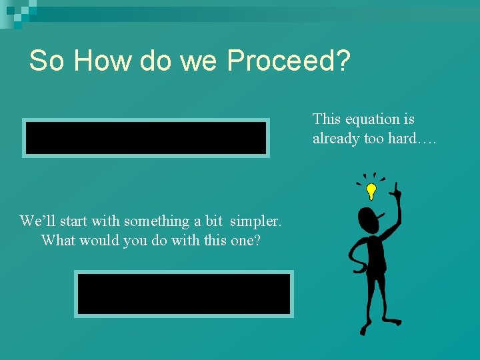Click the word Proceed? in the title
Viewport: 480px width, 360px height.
click(x=288, y=61)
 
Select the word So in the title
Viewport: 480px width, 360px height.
click(x=47, y=61)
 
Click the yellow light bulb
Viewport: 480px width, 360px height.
click(x=371, y=192)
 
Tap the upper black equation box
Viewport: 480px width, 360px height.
click(x=145, y=138)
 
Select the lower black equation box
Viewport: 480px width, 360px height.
click(x=183, y=294)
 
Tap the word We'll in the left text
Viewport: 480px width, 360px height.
click(x=37, y=221)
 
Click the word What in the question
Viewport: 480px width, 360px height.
click(x=59, y=240)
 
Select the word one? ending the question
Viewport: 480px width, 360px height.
click(x=244, y=240)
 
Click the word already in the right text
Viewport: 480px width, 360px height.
click(x=335, y=139)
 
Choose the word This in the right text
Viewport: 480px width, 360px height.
click(x=327, y=119)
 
